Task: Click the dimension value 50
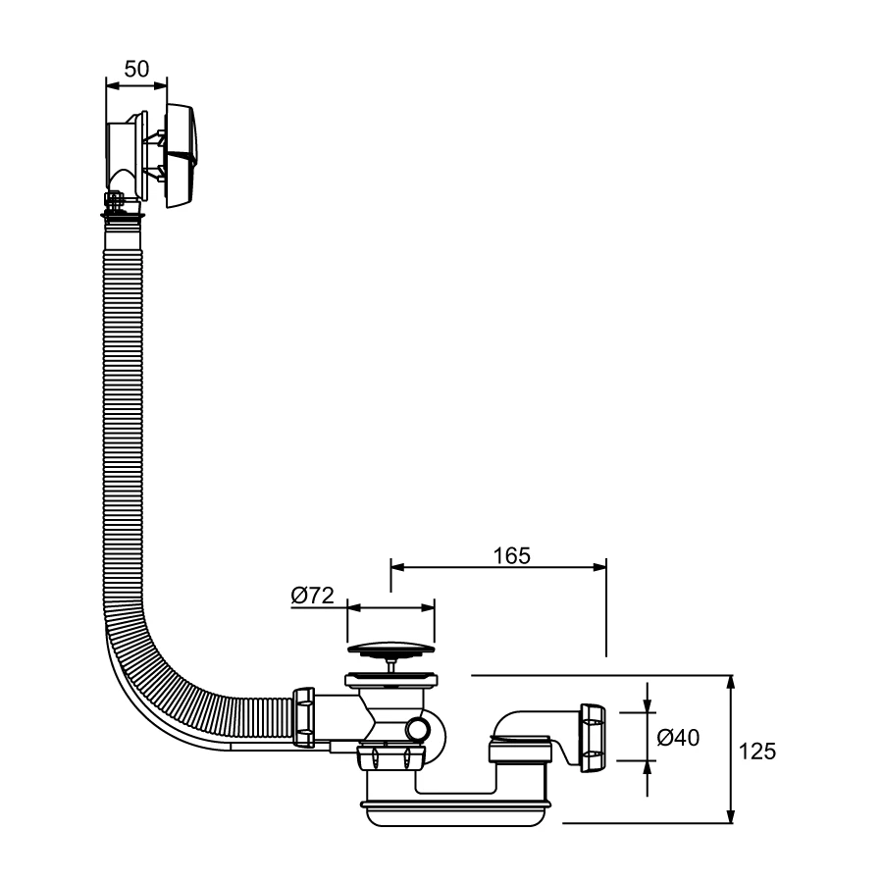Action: pos(136,70)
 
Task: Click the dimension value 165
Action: pos(512,556)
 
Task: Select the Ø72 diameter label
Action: pos(313,596)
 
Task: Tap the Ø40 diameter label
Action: pos(679,737)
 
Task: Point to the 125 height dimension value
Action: pos(757,752)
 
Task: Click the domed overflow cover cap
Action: pos(181,156)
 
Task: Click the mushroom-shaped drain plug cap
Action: pos(390,649)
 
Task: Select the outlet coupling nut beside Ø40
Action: pos(593,738)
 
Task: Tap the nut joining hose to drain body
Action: pos(303,717)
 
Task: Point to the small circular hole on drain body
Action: pos(418,730)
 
